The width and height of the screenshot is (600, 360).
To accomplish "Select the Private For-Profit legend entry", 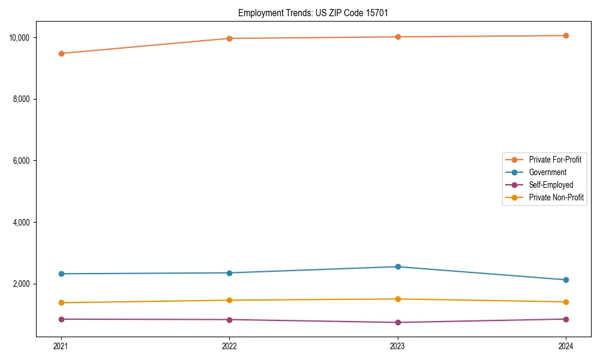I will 554,160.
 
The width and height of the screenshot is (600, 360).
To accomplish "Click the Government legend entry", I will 547,172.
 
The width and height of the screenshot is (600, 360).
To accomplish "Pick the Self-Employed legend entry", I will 551,185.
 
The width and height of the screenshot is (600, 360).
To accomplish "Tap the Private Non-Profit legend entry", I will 556,197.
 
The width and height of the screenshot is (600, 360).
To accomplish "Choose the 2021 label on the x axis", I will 61,346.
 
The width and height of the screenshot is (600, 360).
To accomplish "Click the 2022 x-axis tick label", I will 229,346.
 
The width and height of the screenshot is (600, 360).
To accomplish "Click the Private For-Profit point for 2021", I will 61,53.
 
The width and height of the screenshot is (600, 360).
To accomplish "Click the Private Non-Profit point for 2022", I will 229,300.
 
